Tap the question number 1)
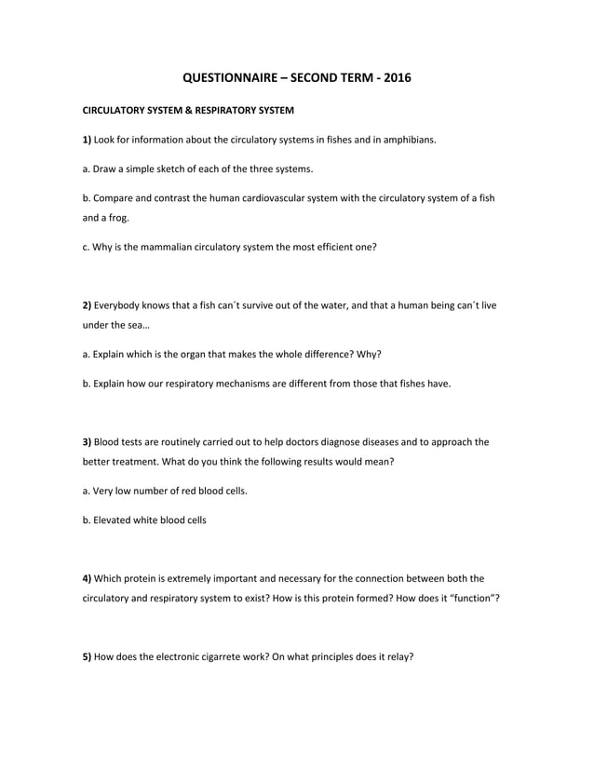click(88, 140)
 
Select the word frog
click(117, 219)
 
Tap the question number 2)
click(88, 305)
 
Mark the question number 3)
click(88, 442)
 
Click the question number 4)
click(88, 578)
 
